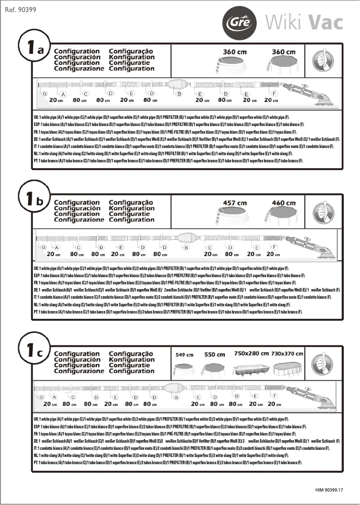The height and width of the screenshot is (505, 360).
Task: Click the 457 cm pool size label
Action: (x=235, y=203)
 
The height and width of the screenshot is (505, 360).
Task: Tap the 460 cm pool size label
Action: (x=284, y=203)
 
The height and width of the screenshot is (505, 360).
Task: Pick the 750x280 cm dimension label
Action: (x=251, y=353)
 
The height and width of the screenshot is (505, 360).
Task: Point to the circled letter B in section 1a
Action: (x=179, y=93)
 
